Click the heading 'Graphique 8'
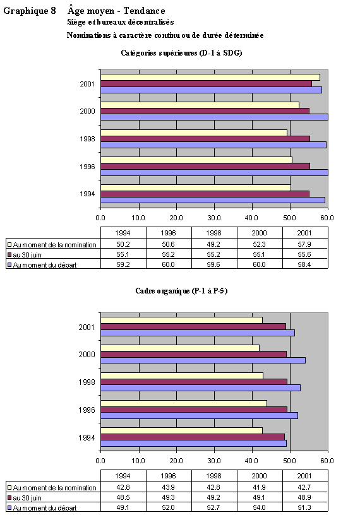pos(30,11)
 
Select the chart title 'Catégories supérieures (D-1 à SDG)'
pos(181,53)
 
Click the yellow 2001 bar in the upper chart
pos(210,77)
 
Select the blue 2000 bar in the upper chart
pos(213,117)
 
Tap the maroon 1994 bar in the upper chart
pos(205,194)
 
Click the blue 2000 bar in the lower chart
pos(203,360)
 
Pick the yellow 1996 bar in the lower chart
pos(183,403)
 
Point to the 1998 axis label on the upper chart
pos(88,138)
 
